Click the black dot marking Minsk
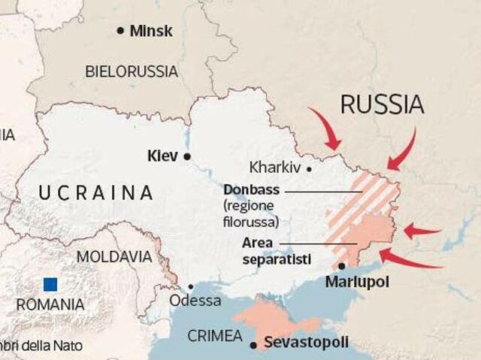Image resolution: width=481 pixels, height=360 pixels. click(120, 31)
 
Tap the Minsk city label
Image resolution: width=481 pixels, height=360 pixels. click(151, 32)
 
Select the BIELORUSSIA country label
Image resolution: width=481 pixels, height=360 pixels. click(132, 72)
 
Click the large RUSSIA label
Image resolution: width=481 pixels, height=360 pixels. click(382, 104)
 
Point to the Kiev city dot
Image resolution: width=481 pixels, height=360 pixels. click(188, 156)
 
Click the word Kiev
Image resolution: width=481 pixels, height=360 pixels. click(162, 156)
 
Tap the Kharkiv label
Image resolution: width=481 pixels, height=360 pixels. click(274, 168)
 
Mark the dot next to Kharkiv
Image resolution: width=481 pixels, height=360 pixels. click(309, 168)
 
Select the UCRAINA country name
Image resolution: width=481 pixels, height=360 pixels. click(95, 192)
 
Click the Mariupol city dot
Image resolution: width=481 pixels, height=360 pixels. click(343, 265)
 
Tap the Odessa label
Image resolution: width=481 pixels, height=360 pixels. click(195, 301)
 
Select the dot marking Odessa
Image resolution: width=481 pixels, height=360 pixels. click(191, 286)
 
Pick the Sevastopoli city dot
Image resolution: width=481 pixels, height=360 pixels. click(255, 345)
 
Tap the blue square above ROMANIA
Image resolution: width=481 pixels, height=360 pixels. click(51, 284)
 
